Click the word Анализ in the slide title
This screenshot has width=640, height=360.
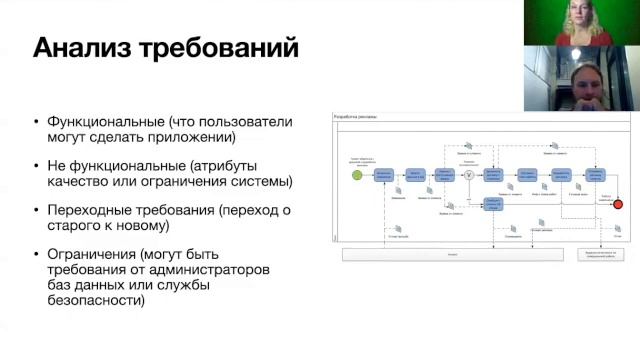(x=81, y=47)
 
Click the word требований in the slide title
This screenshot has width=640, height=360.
(x=215, y=47)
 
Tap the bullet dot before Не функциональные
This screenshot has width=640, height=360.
(x=36, y=166)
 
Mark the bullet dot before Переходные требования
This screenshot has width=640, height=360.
(x=36, y=210)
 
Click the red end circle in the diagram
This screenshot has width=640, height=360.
(x=618, y=204)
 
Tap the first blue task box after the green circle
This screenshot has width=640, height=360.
(x=384, y=175)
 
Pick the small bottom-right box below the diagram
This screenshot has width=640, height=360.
(x=593, y=254)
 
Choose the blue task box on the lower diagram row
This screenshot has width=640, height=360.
(x=492, y=203)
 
